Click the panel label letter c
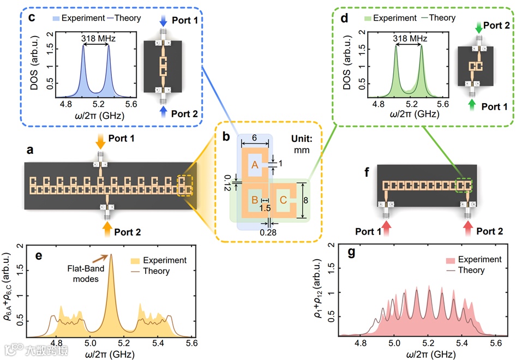[32, 17]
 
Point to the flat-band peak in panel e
[111, 255]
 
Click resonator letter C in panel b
[283, 200]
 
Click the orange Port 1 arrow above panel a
[101, 143]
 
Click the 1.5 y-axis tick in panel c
[51, 49]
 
